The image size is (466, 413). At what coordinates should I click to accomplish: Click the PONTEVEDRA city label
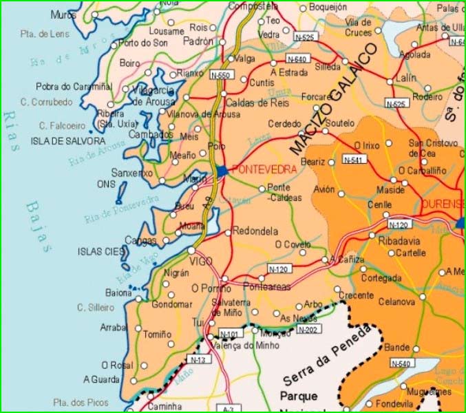pyautogui.click(x=265, y=169)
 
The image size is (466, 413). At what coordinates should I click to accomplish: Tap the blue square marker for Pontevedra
pyautogui.click(x=221, y=170)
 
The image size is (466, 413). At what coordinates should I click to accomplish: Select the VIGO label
pyautogui.click(x=201, y=262)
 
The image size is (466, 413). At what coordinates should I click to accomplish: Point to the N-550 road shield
pyautogui.click(x=220, y=75)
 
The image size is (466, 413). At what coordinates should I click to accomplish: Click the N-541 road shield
pyautogui.click(x=354, y=160)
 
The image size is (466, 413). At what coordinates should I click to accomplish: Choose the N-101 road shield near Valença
pyautogui.click(x=231, y=334)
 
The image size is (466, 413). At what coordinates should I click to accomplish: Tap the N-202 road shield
pyautogui.click(x=308, y=330)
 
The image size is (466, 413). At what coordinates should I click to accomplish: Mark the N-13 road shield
pyautogui.click(x=197, y=359)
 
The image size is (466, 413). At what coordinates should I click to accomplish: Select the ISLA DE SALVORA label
pyautogui.click(x=58, y=141)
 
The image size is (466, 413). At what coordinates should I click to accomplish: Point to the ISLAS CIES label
pyautogui.click(x=101, y=251)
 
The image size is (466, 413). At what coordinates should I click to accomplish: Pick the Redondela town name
pyautogui.click(x=255, y=231)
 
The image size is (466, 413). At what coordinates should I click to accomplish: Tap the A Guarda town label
pyautogui.click(x=101, y=379)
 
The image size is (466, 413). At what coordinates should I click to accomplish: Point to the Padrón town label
pyautogui.click(x=198, y=41)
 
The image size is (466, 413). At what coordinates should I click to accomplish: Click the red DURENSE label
pyautogui.click(x=442, y=204)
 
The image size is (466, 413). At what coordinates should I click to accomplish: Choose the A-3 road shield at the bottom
pyautogui.click(x=229, y=409)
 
